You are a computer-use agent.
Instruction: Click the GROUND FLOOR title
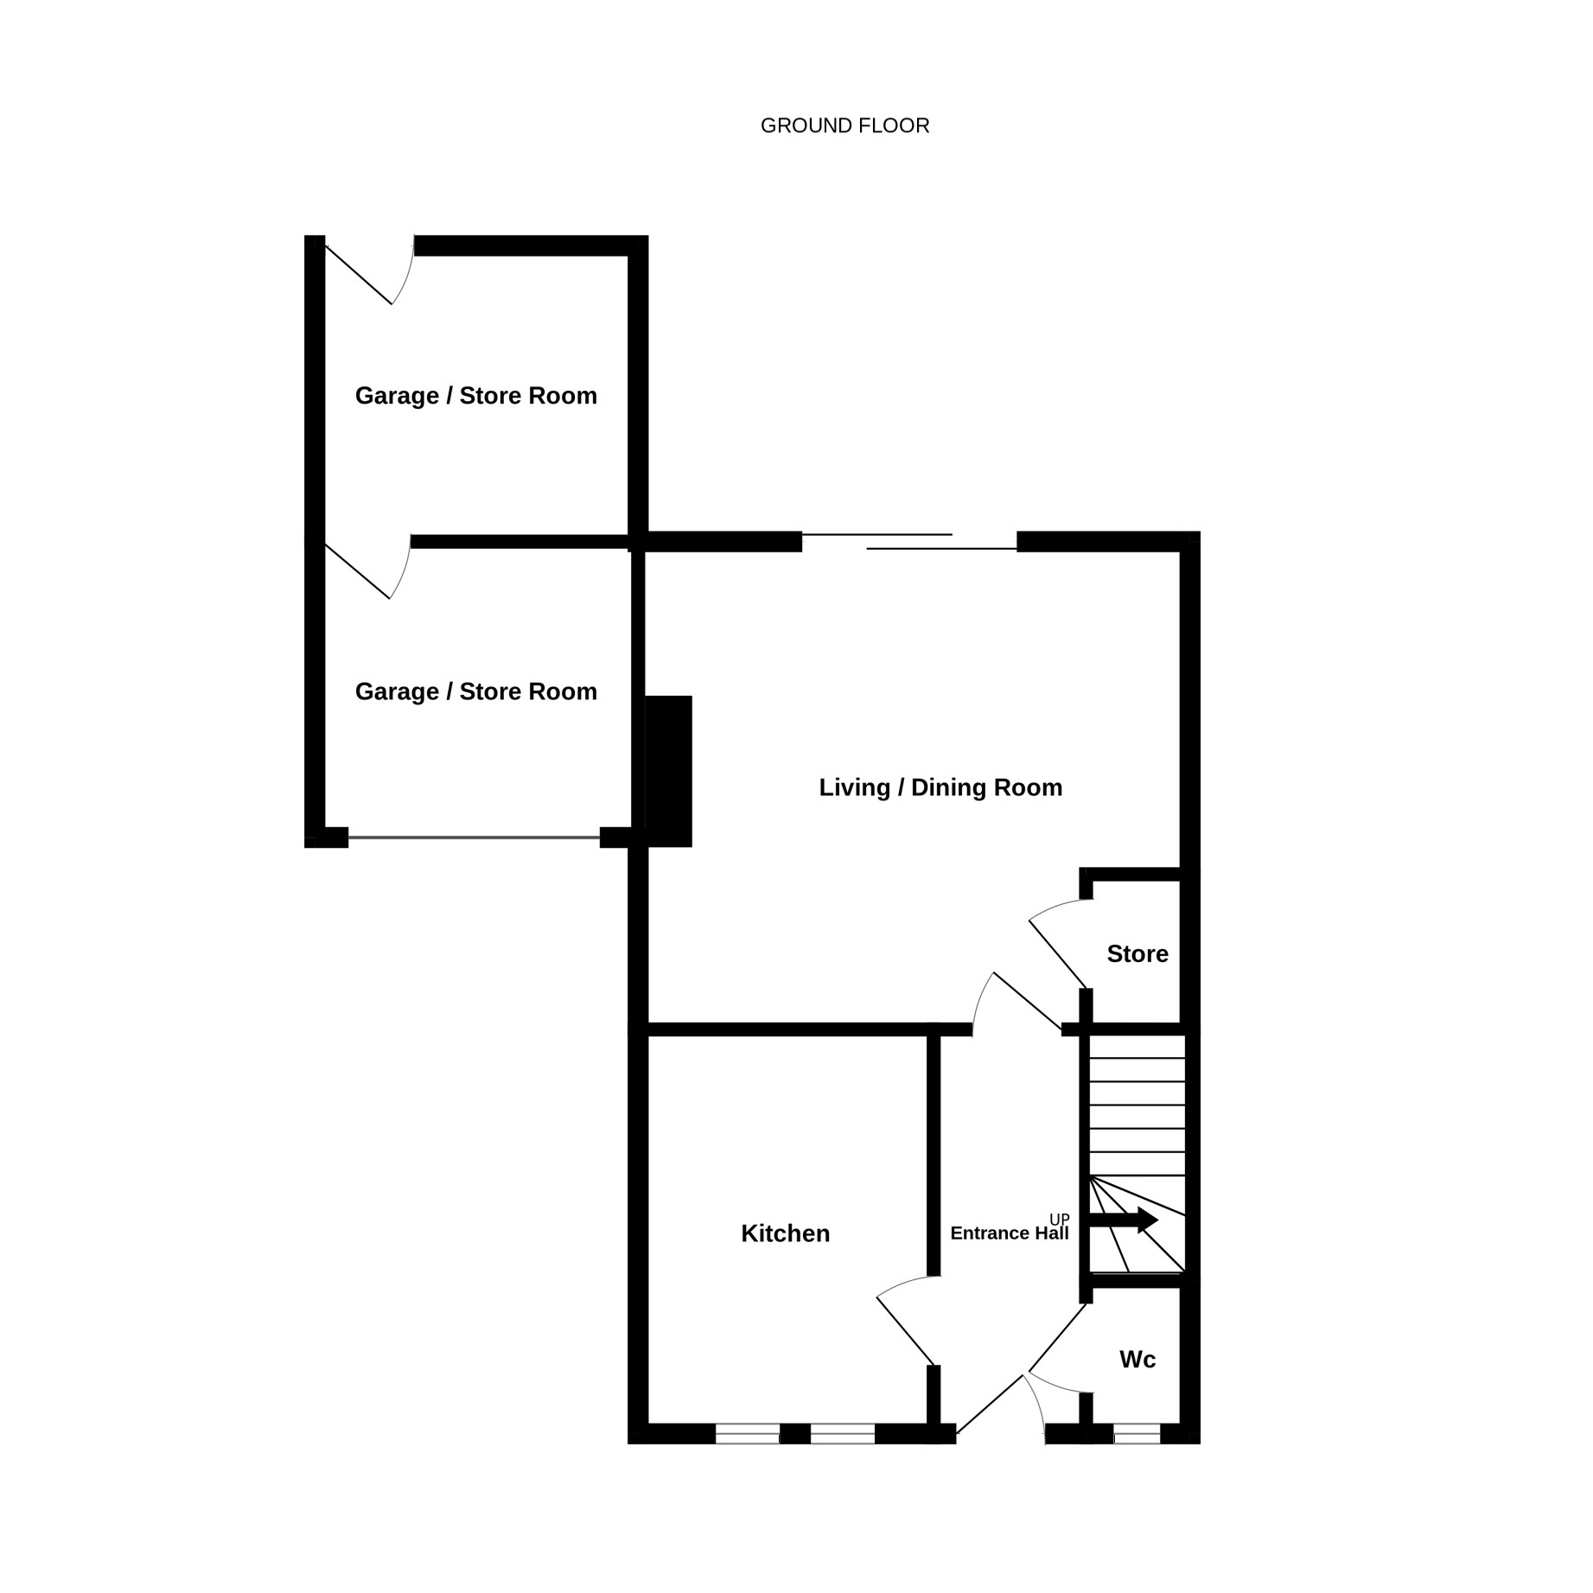click(x=844, y=126)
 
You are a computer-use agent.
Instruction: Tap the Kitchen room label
click(x=785, y=1233)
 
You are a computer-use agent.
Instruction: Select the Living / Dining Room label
click(x=940, y=787)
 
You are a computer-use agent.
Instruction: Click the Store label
click(x=1137, y=953)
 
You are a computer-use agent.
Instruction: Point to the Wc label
click(x=1137, y=1360)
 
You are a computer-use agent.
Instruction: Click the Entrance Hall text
click(x=1010, y=1233)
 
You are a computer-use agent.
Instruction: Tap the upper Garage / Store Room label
click(x=476, y=396)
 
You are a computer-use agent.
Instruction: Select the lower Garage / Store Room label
click(x=476, y=691)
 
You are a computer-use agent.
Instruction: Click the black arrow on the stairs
click(x=1123, y=1220)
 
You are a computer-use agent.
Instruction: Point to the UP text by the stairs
click(x=1060, y=1220)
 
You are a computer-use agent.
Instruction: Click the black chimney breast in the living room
click(x=669, y=771)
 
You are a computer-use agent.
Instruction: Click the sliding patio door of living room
click(x=909, y=542)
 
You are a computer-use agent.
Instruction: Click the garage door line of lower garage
click(x=474, y=838)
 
